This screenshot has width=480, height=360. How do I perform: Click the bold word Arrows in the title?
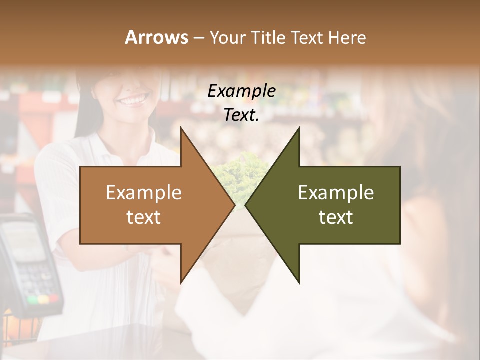(x=156, y=37)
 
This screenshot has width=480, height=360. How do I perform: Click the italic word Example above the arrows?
(x=241, y=91)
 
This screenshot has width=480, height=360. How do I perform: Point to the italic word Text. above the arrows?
(x=241, y=115)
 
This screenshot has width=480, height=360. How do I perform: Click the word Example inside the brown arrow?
(x=144, y=193)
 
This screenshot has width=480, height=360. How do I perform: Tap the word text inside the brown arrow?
(x=144, y=217)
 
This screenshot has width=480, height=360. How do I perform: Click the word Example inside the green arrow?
(x=336, y=193)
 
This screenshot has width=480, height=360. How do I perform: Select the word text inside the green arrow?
(x=336, y=217)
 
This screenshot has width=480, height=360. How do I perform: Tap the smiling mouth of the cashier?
(x=131, y=100)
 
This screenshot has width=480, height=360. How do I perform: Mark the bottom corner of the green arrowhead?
(x=299, y=282)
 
